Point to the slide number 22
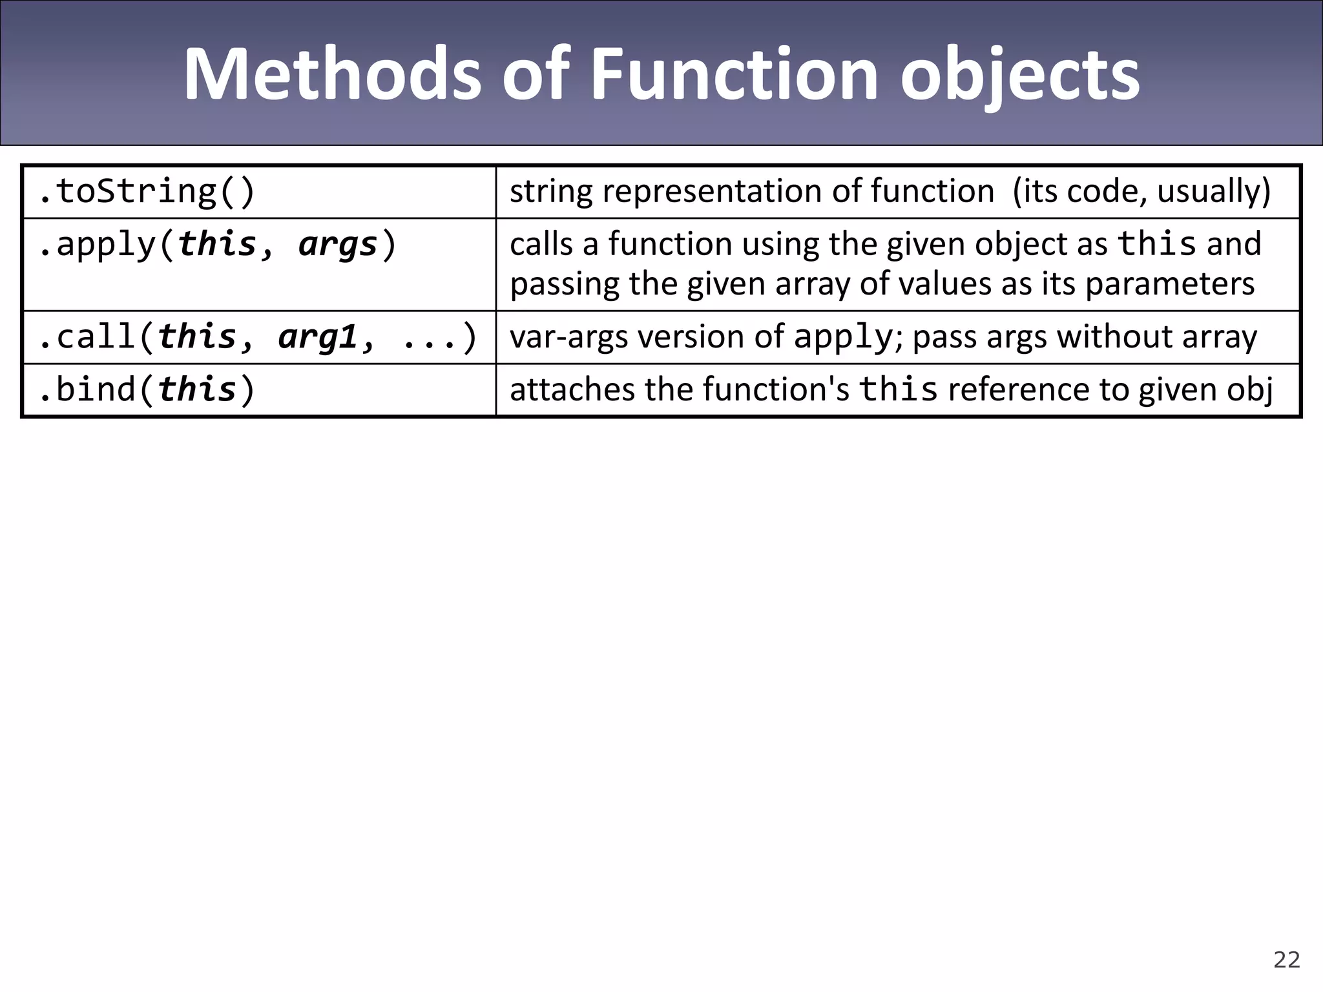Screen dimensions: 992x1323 click(x=1286, y=960)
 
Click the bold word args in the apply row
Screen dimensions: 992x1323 click(x=338, y=245)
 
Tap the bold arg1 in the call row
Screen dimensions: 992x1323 click(x=317, y=338)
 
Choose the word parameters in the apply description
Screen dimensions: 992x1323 click(x=1169, y=284)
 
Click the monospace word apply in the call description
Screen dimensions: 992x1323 click(x=843, y=338)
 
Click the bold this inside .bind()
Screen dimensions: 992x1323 click(x=197, y=390)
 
